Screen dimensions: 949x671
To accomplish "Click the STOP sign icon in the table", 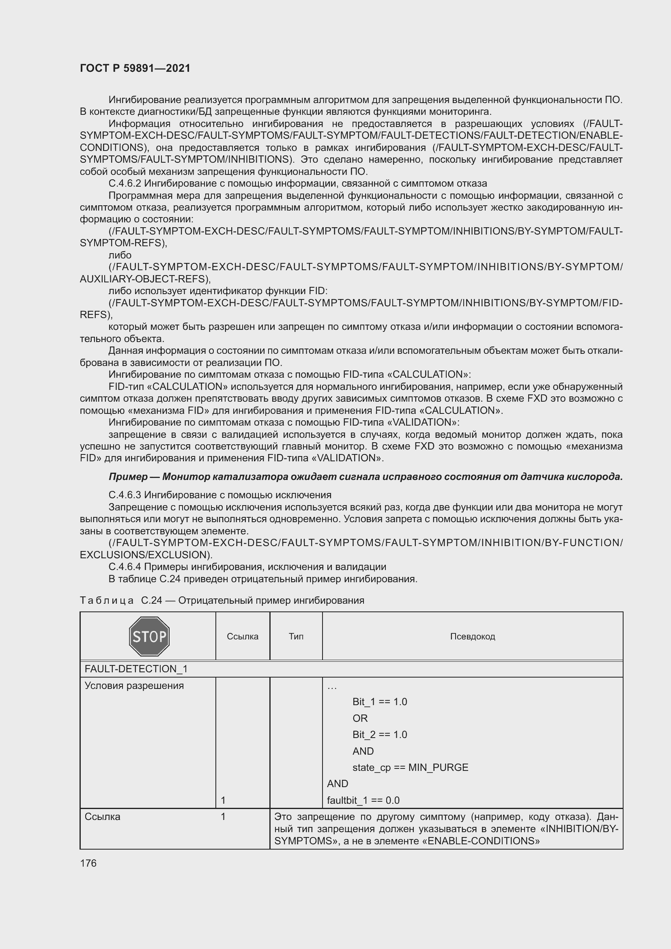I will (x=149, y=636).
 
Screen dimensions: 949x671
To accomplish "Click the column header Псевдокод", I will (x=472, y=637).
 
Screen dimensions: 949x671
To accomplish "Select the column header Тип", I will (x=296, y=637).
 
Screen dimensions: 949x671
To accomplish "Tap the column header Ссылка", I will (x=243, y=637).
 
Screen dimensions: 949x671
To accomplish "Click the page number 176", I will (x=88, y=863).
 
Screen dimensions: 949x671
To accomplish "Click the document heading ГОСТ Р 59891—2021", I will (x=135, y=68).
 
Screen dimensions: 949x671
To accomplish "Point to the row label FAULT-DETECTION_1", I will (x=136, y=669).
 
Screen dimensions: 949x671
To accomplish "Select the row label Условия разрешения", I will (x=134, y=686).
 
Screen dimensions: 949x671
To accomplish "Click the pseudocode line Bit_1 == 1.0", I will (x=380, y=702).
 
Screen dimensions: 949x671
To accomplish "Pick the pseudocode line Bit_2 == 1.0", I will (x=380, y=734).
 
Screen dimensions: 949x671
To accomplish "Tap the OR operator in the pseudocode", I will (x=360, y=719).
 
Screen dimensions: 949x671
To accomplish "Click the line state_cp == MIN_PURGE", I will (x=410, y=768).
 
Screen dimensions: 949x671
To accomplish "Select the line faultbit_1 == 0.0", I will (x=363, y=800).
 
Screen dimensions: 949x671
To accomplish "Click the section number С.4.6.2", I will (x=125, y=183).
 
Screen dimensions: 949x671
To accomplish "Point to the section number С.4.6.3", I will (x=125, y=495).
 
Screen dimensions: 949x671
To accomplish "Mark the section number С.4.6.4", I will (x=125, y=567).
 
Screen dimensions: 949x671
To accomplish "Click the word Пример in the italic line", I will (x=128, y=477).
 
